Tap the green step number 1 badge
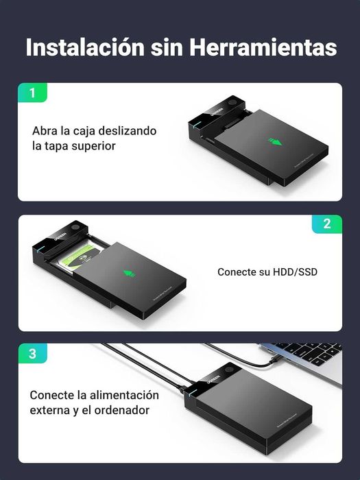pos(32,93)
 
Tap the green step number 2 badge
pos(326,224)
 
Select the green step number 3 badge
pos(32,355)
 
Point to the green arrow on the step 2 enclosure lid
pos(128,274)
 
